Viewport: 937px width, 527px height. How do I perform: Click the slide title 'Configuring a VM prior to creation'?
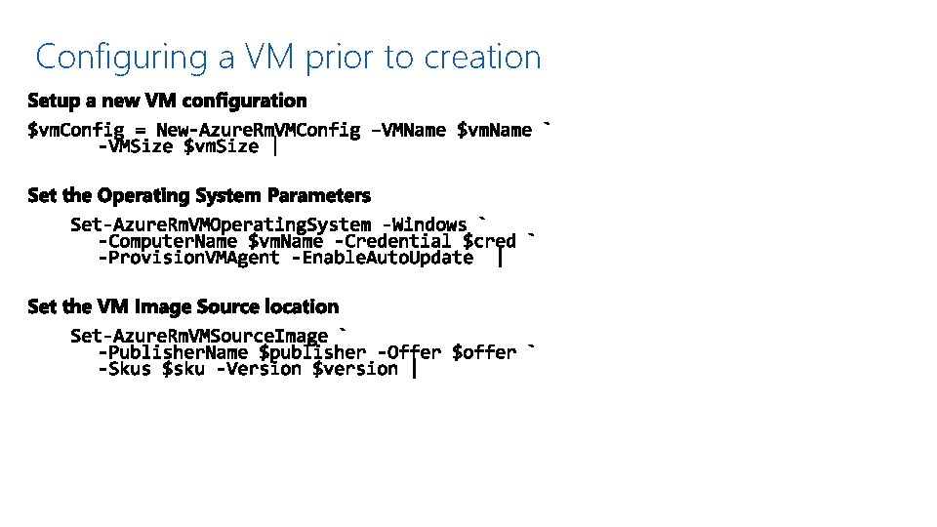click(288, 57)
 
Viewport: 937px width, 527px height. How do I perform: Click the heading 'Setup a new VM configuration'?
click(167, 101)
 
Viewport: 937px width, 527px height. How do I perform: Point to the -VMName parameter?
click(409, 130)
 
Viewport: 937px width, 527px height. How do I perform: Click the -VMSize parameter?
click(137, 146)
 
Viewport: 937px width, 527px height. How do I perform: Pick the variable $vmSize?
click(222, 146)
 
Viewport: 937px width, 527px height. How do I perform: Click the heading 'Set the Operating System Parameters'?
click(199, 195)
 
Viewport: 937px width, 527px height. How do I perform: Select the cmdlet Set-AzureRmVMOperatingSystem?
click(220, 224)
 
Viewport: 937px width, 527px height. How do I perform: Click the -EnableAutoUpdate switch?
click(387, 258)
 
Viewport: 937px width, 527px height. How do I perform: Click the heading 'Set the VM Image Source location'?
click(183, 306)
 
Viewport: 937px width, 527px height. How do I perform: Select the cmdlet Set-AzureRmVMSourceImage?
click(199, 336)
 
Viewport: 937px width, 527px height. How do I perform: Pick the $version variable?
click(355, 369)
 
